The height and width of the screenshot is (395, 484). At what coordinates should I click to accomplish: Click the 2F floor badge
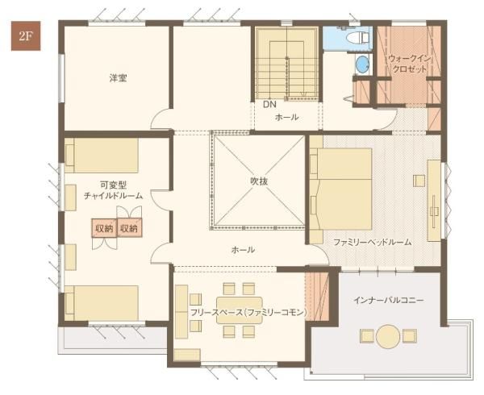click(20, 37)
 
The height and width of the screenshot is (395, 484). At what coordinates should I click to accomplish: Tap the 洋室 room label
click(119, 78)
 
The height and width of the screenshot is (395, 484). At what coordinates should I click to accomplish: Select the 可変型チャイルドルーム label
click(113, 191)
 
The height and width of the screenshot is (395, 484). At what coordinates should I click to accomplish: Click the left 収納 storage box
click(103, 228)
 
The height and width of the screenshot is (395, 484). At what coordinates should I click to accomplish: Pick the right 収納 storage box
click(129, 228)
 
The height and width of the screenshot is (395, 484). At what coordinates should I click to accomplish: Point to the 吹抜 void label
click(258, 181)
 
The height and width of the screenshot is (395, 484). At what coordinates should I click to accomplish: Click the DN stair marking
click(269, 105)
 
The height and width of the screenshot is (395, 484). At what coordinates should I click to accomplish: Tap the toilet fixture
click(356, 37)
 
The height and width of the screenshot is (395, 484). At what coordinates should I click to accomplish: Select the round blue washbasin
click(361, 64)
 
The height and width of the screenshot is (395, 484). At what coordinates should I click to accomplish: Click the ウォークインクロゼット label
click(407, 64)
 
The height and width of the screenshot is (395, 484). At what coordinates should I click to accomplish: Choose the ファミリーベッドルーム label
click(373, 241)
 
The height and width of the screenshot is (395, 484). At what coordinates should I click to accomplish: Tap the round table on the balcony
click(388, 335)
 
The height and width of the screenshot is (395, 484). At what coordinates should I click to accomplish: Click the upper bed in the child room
click(101, 155)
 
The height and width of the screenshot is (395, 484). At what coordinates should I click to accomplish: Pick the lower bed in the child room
click(101, 302)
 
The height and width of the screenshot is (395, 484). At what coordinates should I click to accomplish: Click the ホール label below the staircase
click(286, 117)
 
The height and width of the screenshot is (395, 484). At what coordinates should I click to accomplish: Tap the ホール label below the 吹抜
click(243, 250)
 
